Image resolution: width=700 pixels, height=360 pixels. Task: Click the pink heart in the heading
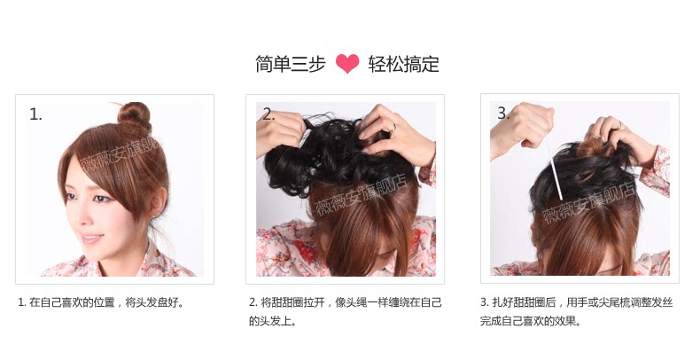coord(346,63)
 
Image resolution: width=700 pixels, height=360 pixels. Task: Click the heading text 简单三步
coord(290,64)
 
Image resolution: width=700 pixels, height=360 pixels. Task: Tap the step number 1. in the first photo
coord(35,114)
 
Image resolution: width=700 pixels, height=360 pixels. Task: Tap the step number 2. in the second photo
coord(268,114)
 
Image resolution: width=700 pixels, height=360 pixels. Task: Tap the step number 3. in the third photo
coord(503,113)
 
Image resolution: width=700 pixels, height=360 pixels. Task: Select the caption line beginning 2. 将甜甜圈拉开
coord(345,302)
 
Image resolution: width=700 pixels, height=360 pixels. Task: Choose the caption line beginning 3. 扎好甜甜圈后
coord(576,302)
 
